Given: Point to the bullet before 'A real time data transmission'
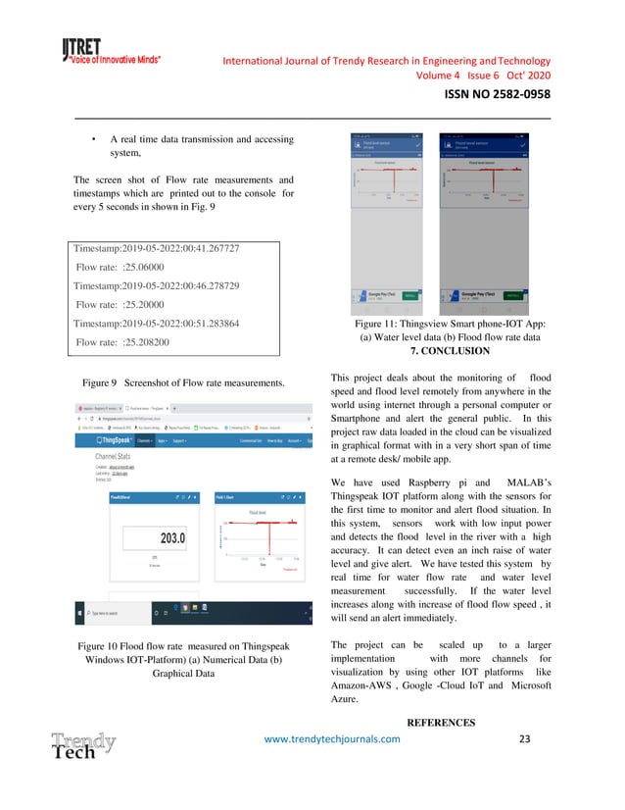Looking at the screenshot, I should coord(92,139).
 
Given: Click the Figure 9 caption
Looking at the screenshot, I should coord(183,380).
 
